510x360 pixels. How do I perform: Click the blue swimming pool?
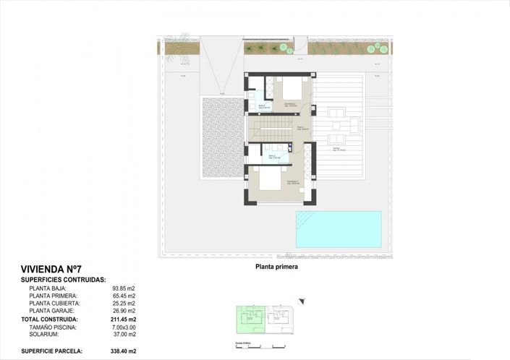click(x=338, y=228)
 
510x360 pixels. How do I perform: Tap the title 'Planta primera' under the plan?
click(x=276, y=266)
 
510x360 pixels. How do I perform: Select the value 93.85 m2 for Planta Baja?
click(x=122, y=287)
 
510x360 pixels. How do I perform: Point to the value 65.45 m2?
click(x=122, y=295)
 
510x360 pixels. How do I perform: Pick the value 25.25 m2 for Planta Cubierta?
click(x=122, y=303)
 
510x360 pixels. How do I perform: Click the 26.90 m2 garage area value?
click(x=122, y=311)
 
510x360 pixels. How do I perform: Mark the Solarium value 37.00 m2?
click(x=122, y=335)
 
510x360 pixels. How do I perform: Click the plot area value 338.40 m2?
click(x=122, y=351)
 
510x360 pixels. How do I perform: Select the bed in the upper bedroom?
click(x=291, y=90)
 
